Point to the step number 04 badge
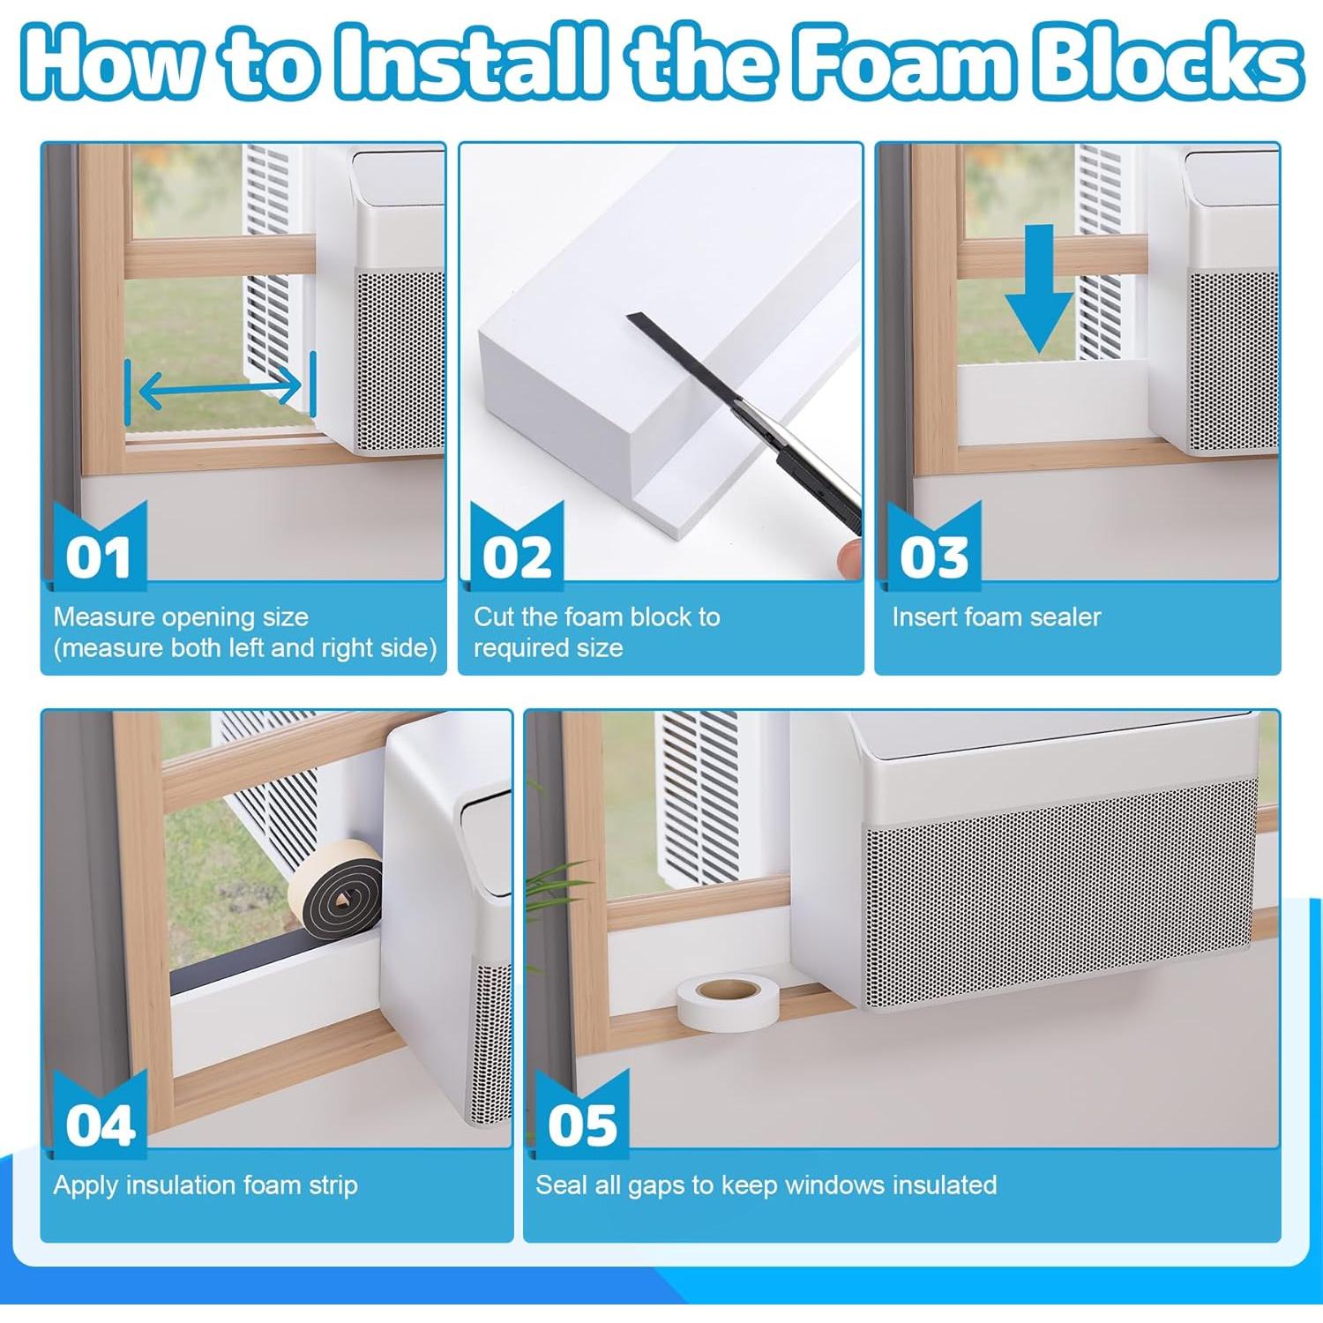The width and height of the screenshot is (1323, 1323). (100, 1115)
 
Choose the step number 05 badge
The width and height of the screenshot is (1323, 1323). (581, 1115)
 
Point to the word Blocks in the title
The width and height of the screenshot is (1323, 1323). (1166, 62)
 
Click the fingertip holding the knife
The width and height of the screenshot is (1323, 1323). (848, 557)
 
